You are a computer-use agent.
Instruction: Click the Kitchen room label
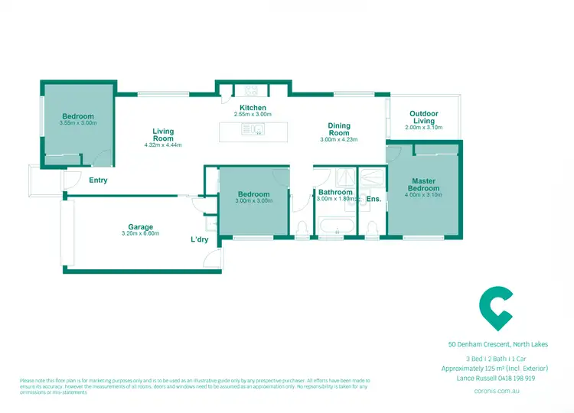click(253, 108)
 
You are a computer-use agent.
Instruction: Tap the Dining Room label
click(339, 129)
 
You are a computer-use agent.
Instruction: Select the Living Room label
click(163, 135)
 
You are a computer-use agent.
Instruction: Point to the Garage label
click(141, 226)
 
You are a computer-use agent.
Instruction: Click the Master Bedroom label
click(422, 184)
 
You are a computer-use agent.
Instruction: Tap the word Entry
click(98, 180)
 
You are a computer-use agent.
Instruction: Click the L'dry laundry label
click(199, 239)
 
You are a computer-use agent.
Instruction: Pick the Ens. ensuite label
click(373, 199)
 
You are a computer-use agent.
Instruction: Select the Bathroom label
click(335, 192)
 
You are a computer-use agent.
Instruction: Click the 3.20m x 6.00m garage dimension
click(141, 233)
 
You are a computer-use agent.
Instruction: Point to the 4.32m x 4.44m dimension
click(163, 145)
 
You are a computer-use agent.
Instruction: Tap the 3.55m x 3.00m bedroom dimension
click(77, 122)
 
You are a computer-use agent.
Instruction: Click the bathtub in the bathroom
click(335, 226)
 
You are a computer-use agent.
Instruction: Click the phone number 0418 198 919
click(522, 378)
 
